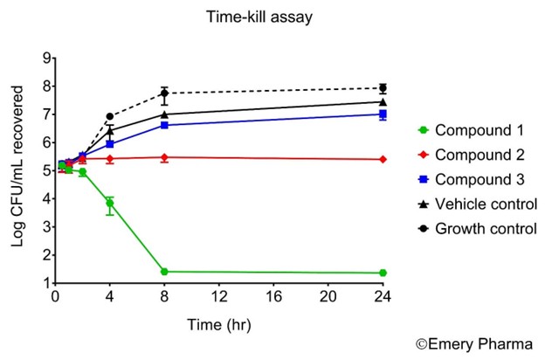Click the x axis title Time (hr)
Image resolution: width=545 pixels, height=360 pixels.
click(218, 325)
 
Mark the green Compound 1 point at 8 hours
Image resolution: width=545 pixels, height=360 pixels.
click(163, 272)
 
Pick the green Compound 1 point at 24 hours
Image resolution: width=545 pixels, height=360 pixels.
click(383, 273)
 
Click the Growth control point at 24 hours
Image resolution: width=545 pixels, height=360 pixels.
click(383, 88)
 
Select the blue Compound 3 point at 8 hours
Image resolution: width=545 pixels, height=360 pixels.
click(163, 125)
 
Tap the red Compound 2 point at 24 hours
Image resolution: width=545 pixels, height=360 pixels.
click(383, 159)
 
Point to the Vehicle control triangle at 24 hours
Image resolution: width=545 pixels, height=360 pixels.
click(383, 101)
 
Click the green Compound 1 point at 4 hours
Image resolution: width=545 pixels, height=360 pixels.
click(109, 204)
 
